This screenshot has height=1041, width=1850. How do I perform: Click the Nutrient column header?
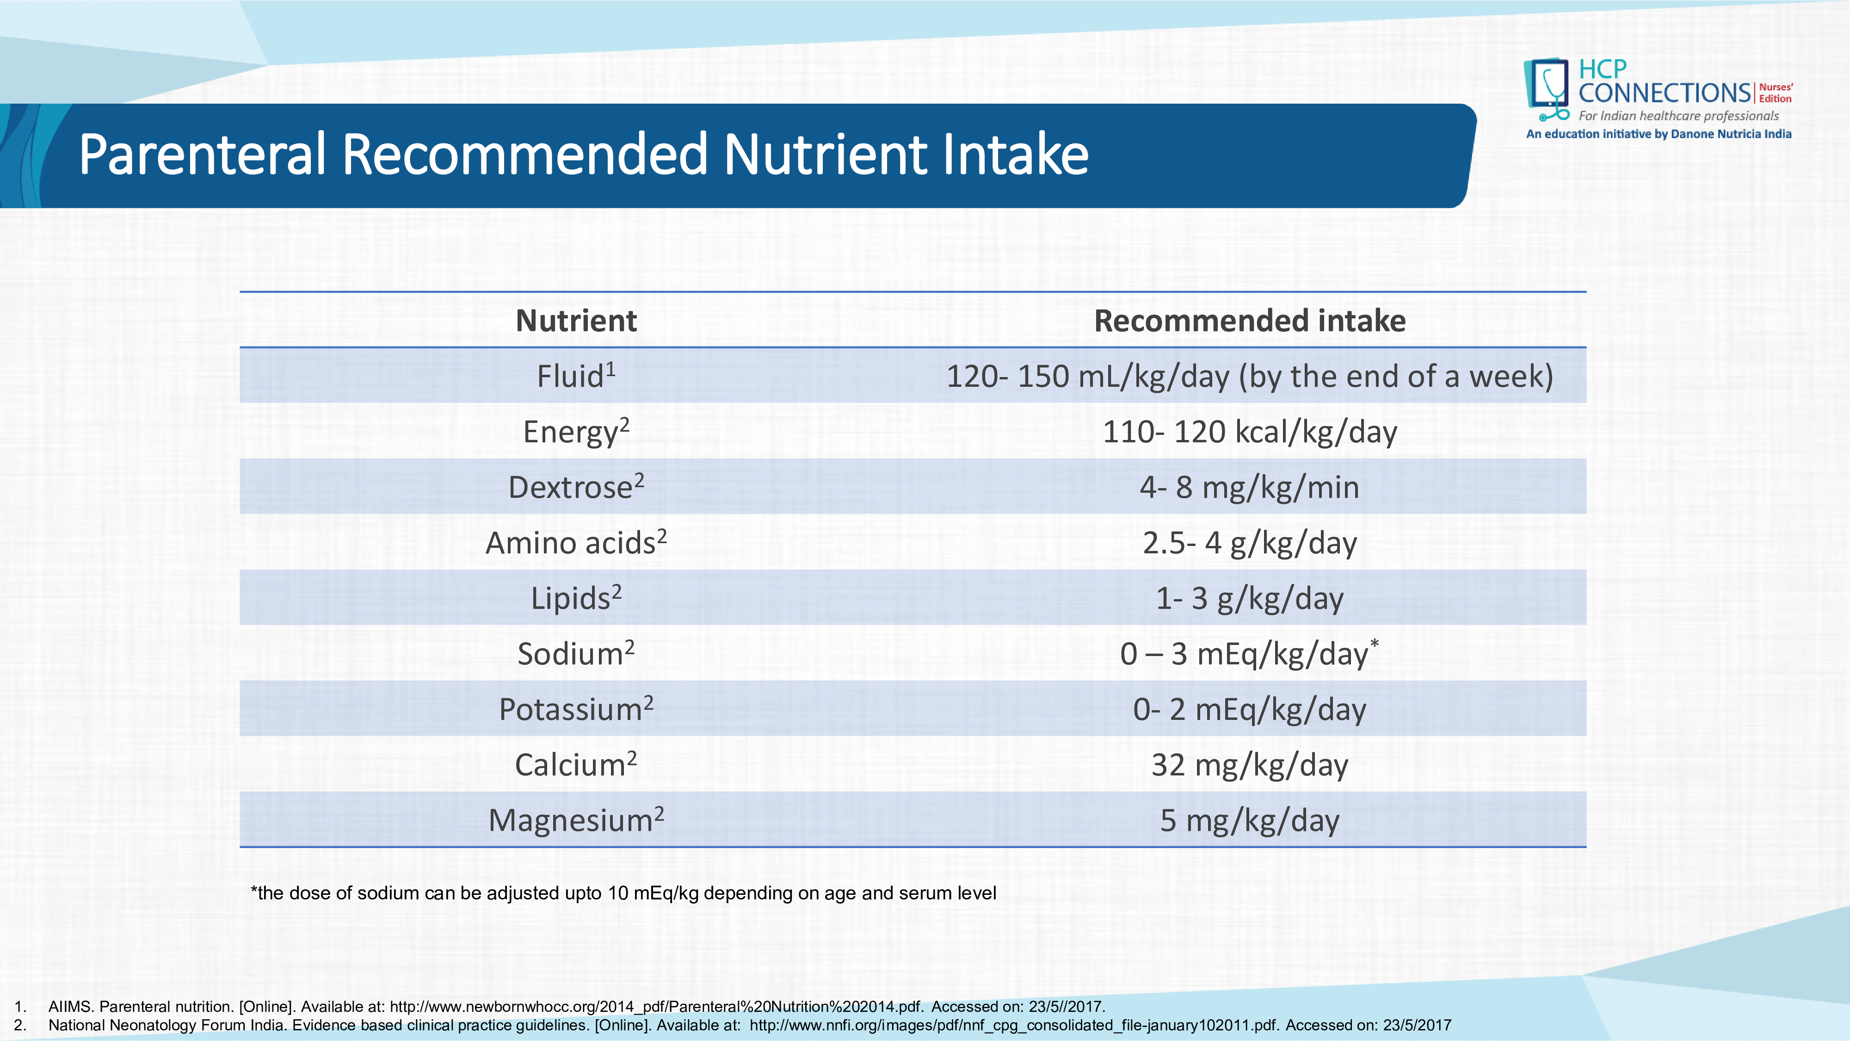(576, 321)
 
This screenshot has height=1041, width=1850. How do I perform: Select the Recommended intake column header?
(1250, 321)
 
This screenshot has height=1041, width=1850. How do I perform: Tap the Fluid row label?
(576, 375)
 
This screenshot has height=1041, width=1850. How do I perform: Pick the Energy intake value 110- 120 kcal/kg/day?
(1250, 432)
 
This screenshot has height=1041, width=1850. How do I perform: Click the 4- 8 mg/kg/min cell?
(1250, 487)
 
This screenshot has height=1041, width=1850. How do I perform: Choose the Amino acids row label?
(576, 542)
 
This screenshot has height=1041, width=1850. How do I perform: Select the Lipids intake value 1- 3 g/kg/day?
(1250, 598)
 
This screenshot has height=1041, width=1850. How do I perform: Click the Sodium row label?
(576, 653)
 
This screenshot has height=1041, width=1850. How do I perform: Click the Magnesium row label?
(576, 820)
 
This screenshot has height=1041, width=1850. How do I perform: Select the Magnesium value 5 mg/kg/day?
(1250, 820)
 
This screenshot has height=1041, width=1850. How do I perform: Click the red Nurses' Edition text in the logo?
(1776, 93)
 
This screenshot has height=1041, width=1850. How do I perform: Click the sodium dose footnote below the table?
(623, 893)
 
